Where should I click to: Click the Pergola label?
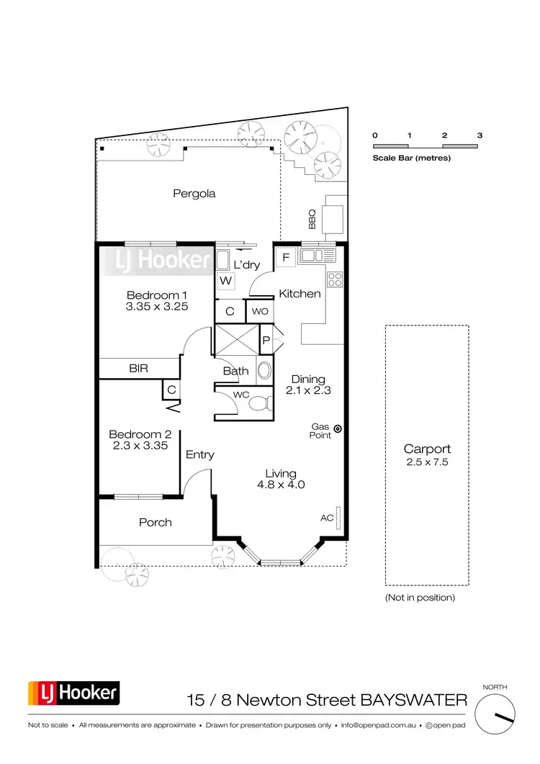pos(194,194)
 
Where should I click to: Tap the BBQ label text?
pos(312,219)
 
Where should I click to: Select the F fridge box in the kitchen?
pos(285,257)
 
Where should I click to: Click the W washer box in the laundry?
pos(225,280)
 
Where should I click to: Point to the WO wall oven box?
pos(258,312)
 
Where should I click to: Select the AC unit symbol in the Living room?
pos(337,518)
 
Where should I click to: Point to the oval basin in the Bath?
pos(264,370)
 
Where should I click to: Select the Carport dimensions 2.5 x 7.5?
pos(427,462)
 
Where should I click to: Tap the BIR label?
pos(139,368)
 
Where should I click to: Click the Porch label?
pos(156,522)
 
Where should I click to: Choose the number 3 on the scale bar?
pos(480,135)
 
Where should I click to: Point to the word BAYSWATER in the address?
pos(414,699)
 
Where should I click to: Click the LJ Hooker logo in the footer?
pos(73,693)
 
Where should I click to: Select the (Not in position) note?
pos(420,598)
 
